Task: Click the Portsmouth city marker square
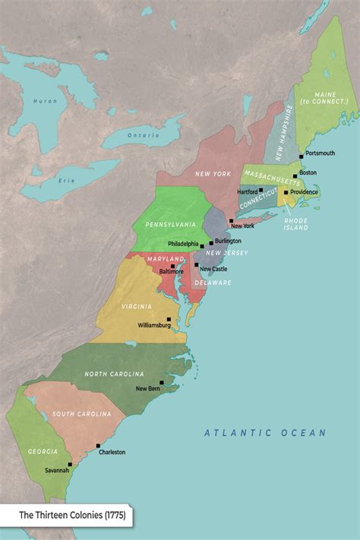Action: [301, 156]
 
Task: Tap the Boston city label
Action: [308, 172]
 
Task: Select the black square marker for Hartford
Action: [261, 190]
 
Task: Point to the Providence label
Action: [304, 192]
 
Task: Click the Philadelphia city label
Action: [183, 244]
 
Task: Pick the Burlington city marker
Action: [211, 243]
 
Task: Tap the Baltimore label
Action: [170, 271]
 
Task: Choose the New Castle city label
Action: [213, 269]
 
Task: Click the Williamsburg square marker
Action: [169, 319]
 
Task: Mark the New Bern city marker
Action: [161, 383]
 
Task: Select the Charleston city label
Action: [112, 452]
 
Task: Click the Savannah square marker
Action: [70, 464]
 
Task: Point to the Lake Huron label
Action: [45, 101]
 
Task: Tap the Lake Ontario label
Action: [144, 135]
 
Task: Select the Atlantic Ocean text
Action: [264, 433]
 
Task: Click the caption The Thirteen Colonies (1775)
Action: [72, 516]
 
